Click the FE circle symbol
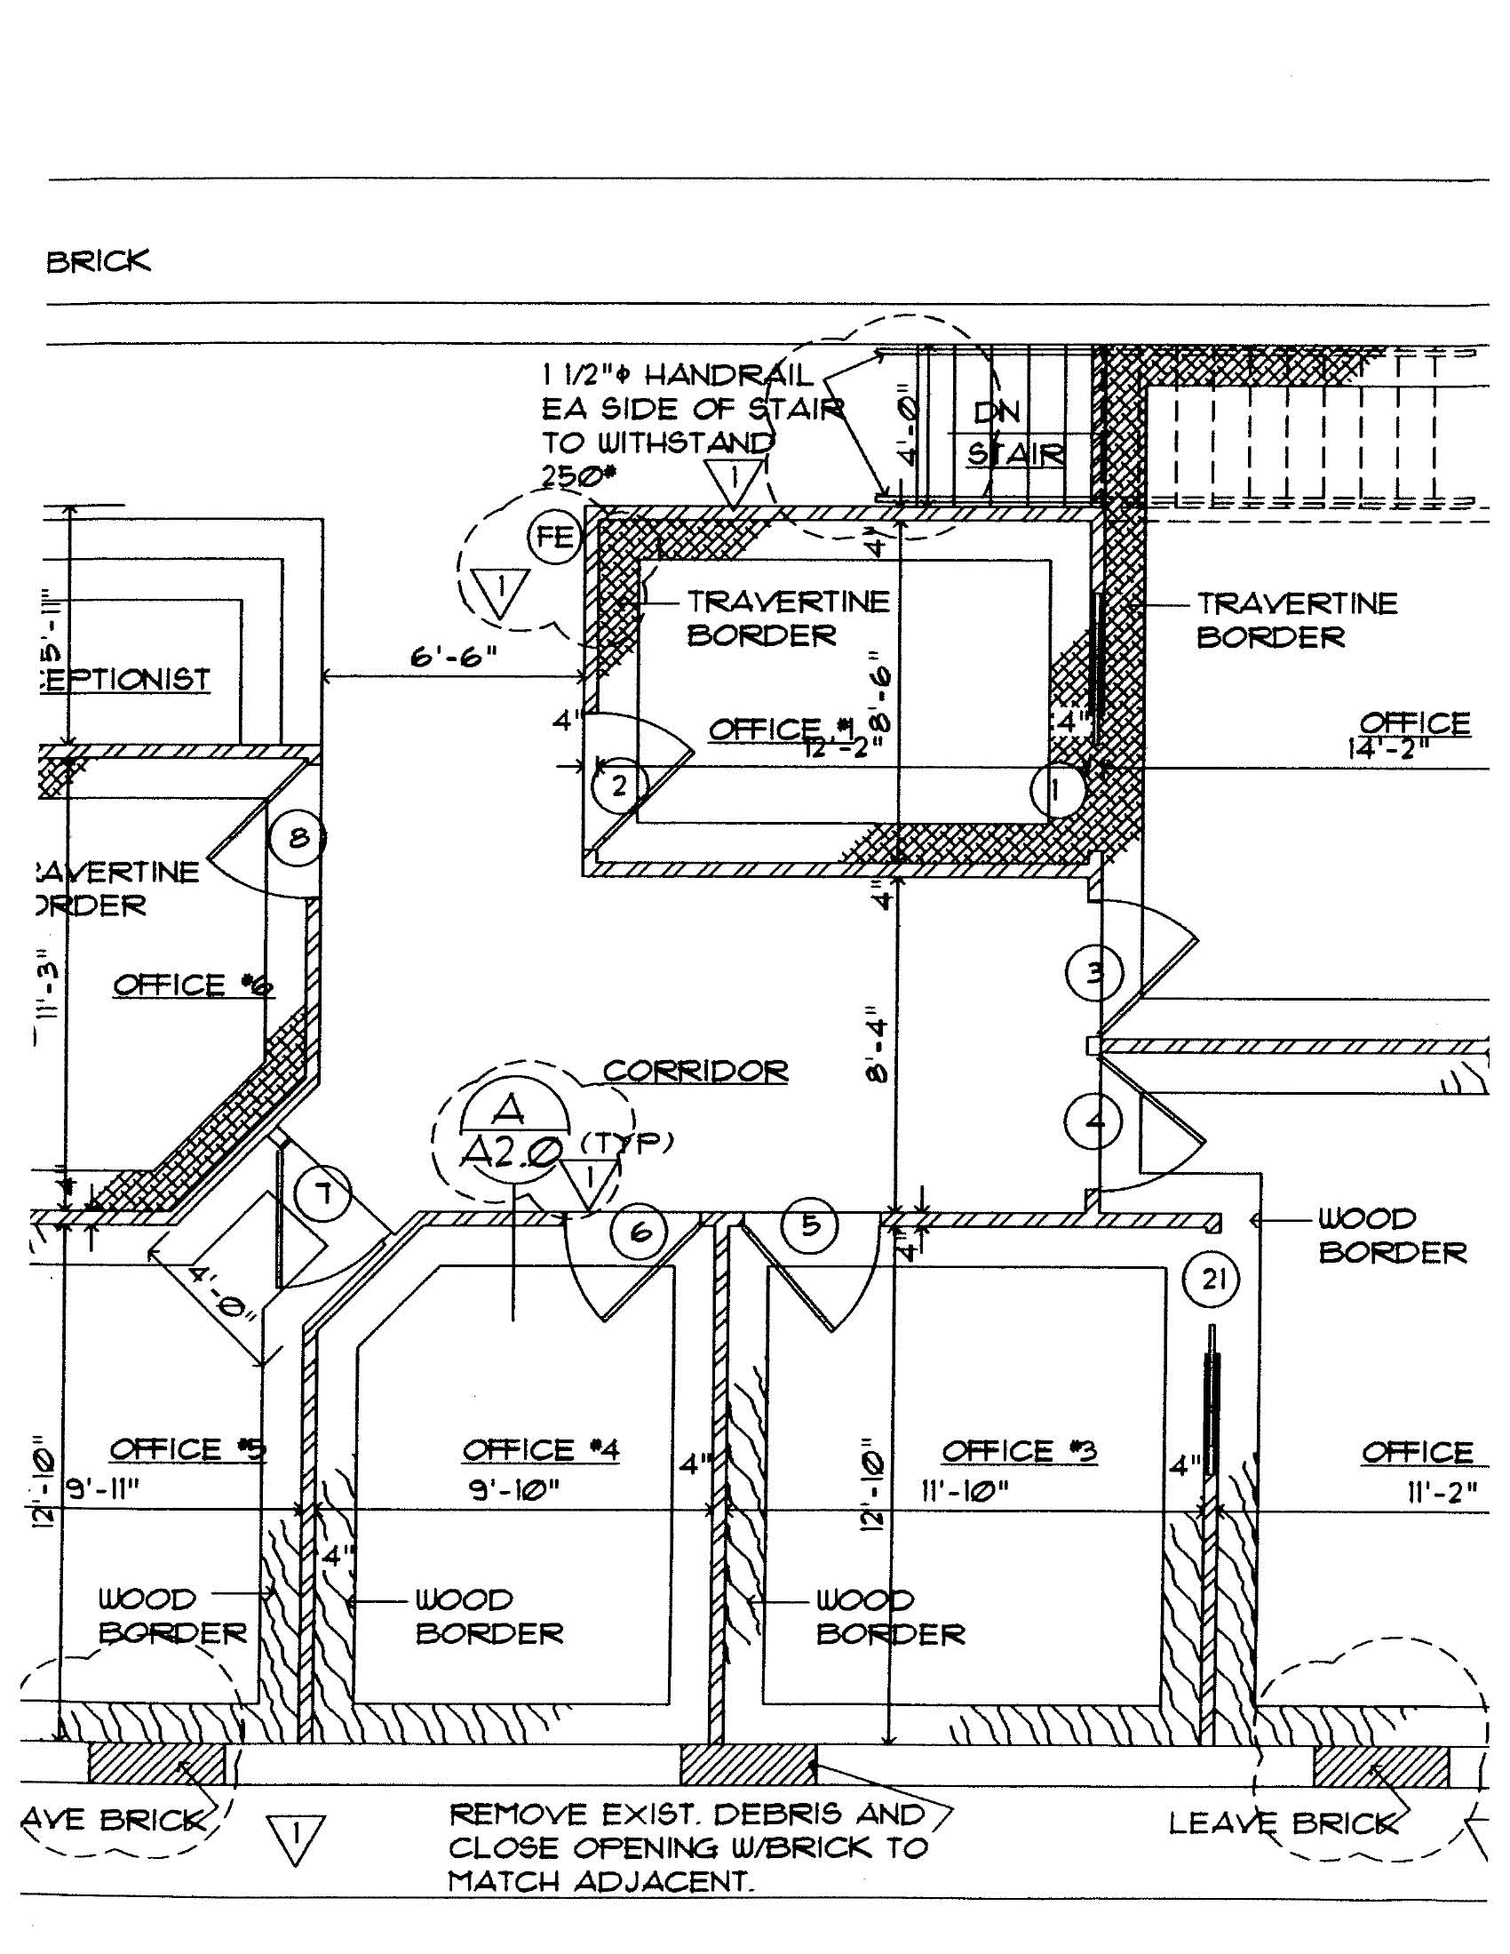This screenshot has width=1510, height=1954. point(554,537)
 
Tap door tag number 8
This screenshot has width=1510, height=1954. point(298,838)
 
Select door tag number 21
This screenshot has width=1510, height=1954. point(1212,1279)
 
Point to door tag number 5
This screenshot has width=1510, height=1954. point(810,1224)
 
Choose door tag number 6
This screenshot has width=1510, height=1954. point(640,1232)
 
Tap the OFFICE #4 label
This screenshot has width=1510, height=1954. point(540,1449)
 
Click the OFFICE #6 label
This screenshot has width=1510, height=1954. point(194,985)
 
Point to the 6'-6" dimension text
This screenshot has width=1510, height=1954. point(454,658)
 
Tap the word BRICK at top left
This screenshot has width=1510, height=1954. point(99,261)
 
